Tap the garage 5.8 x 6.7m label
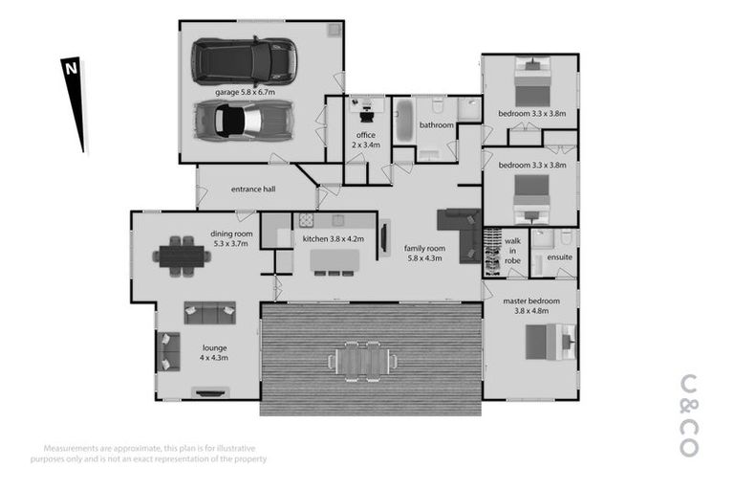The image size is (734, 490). pyautogui.click(x=245, y=92)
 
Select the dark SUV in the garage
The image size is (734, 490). pyautogui.click(x=245, y=59)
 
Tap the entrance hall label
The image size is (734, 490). pyautogui.click(x=253, y=189)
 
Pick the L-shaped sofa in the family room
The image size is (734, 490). pyautogui.click(x=463, y=230)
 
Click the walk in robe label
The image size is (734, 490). pyautogui.click(x=513, y=251)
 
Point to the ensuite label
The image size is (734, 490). pyautogui.click(x=559, y=256)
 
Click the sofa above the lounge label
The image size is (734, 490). pyautogui.click(x=209, y=312)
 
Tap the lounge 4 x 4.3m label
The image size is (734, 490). pyautogui.click(x=214, y=352)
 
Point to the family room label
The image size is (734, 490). pyautogui.click(x=424, y=253)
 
